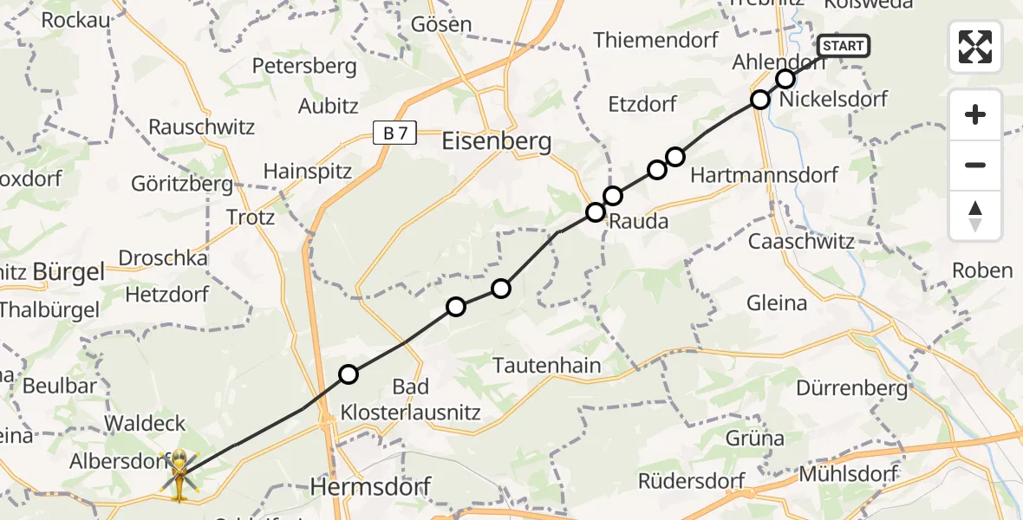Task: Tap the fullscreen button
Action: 975,47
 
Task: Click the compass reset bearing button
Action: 975,216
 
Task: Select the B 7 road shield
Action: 394,133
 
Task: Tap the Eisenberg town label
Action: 497,141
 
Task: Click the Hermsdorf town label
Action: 370,488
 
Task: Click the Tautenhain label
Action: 546,366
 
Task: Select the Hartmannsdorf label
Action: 764,175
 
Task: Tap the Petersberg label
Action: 304,66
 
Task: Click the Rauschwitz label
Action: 201,127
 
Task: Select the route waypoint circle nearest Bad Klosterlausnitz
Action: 348,374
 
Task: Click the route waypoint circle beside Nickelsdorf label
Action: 760,100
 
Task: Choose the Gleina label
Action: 777,303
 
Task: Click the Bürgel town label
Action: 68,272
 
